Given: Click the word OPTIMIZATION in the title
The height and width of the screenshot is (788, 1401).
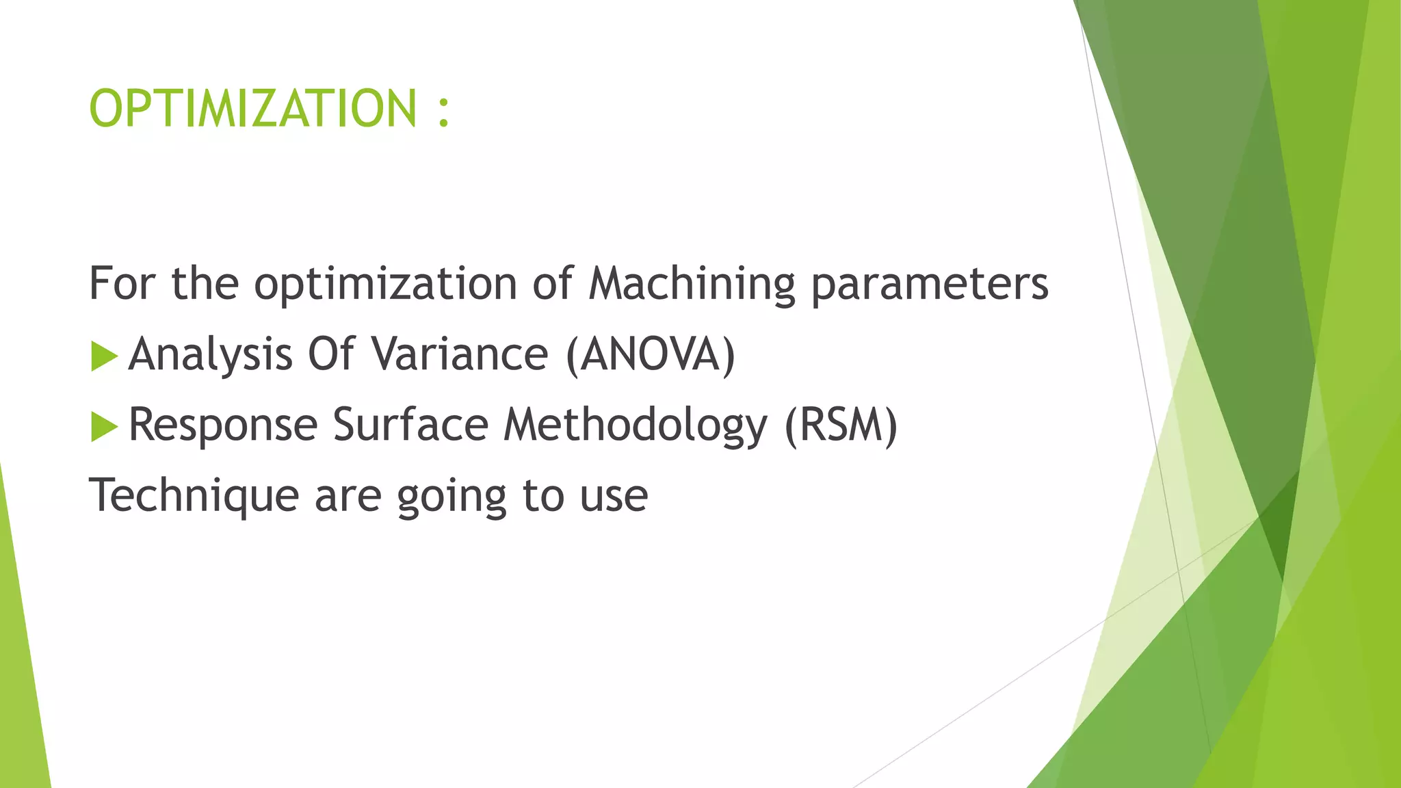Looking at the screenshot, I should [252, 109].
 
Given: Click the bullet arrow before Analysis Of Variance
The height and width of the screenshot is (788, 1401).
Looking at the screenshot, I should [103, 356].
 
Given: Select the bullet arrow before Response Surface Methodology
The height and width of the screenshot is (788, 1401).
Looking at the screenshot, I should [103, 427].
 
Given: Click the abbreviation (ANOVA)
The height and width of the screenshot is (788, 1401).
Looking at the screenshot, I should [650, 355].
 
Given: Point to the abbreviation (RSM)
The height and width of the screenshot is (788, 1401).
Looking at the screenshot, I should [840, 425].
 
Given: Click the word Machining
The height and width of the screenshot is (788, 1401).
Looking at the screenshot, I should [691, 283].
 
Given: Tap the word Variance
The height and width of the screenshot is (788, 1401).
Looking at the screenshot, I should [460, 354].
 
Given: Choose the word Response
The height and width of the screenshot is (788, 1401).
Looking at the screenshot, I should [223, 425].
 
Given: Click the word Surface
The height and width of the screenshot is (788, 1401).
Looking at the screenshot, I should [410, 424].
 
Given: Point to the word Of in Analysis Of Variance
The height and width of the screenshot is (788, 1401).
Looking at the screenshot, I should [331, 354].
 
